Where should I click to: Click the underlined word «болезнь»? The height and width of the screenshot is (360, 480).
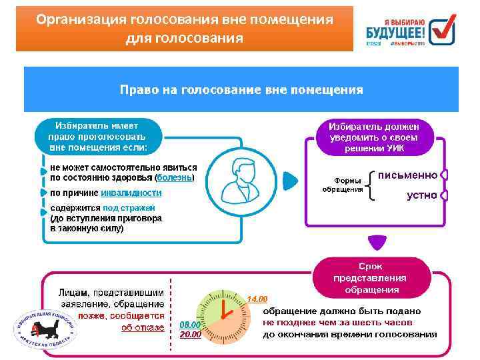[x=175, y=178]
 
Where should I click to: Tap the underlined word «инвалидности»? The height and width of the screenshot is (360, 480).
[x=131, y=193]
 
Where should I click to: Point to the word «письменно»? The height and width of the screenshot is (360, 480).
[x=407, y=175]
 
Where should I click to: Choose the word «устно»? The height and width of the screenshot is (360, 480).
[x=422, y=195]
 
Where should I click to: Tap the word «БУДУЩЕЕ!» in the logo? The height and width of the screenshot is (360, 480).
[x=395, y=31]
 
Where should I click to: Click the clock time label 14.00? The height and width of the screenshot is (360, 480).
[x=257, y=298]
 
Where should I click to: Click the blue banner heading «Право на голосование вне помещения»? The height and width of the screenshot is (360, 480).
[x=241, y=89]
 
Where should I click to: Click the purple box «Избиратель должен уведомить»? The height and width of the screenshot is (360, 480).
[x=374, y=137]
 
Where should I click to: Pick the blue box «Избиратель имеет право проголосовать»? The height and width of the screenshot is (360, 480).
[x=97, y=136]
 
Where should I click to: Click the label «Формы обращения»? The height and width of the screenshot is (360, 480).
[x=343, y=185]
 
